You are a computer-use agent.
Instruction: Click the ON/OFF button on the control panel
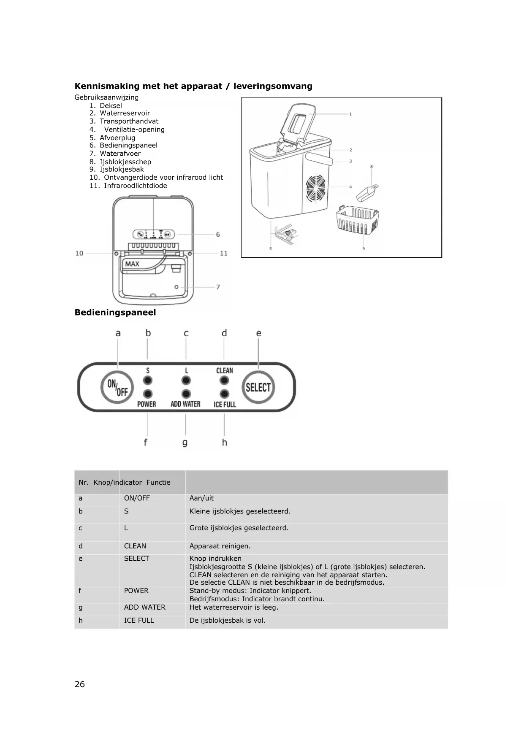(117, 387)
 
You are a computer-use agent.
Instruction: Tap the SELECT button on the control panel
(258, 387)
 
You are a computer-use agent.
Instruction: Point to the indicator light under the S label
(147, 381)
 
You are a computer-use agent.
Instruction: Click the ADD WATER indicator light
(186, 394)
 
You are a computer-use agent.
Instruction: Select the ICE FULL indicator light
(224, 394)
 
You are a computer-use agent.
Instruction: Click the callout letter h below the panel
(224, 442)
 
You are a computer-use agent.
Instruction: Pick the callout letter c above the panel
(186, 333)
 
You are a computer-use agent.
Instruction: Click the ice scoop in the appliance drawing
(367, 193)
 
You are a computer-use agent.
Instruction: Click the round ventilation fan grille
(316, 187)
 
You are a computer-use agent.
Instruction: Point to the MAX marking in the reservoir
(132, 264)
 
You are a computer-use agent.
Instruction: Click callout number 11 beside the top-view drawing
(224, 253)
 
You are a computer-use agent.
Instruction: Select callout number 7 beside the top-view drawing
(218, 287)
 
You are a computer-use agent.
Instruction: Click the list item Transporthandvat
(129, 121)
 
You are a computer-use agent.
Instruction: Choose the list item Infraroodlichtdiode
(135, 186)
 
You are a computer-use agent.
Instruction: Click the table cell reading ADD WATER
(144, 608)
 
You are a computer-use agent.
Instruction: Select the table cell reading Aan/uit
(201, 498)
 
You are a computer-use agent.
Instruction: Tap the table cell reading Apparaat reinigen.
(220, 546)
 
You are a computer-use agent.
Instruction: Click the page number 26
(79, 684)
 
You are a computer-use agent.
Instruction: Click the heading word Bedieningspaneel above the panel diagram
(115, 313)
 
